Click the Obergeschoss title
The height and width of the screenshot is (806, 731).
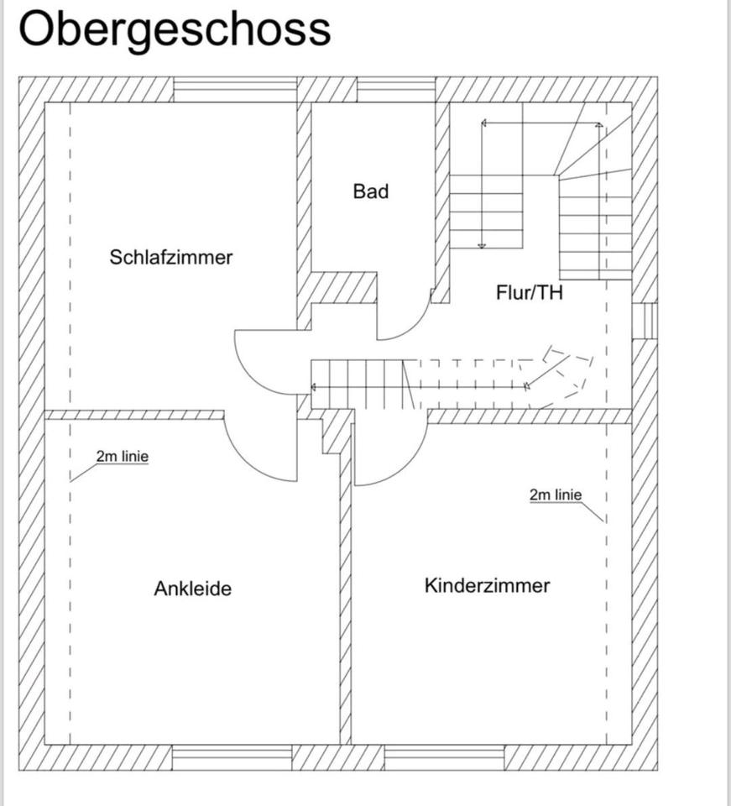pos(175,29)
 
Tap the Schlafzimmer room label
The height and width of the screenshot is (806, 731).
pos(170,257)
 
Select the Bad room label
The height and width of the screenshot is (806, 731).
pos(371,191)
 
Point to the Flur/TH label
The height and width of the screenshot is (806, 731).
pos(530,293)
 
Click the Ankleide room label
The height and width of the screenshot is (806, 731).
pos(192,589)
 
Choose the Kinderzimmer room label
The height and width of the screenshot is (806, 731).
pos(487,585)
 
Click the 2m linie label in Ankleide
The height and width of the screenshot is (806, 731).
pos(123,457)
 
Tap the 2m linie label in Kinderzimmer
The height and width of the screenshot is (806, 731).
pos(556,495)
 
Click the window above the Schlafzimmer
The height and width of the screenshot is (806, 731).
pos(235,89)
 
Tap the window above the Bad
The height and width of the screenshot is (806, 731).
pos(396,89)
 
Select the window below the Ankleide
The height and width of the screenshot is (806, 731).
pos(232,757)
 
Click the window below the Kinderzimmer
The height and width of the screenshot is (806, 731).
pos(443,757)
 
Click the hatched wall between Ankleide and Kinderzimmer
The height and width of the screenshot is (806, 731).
pos(345,588)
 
